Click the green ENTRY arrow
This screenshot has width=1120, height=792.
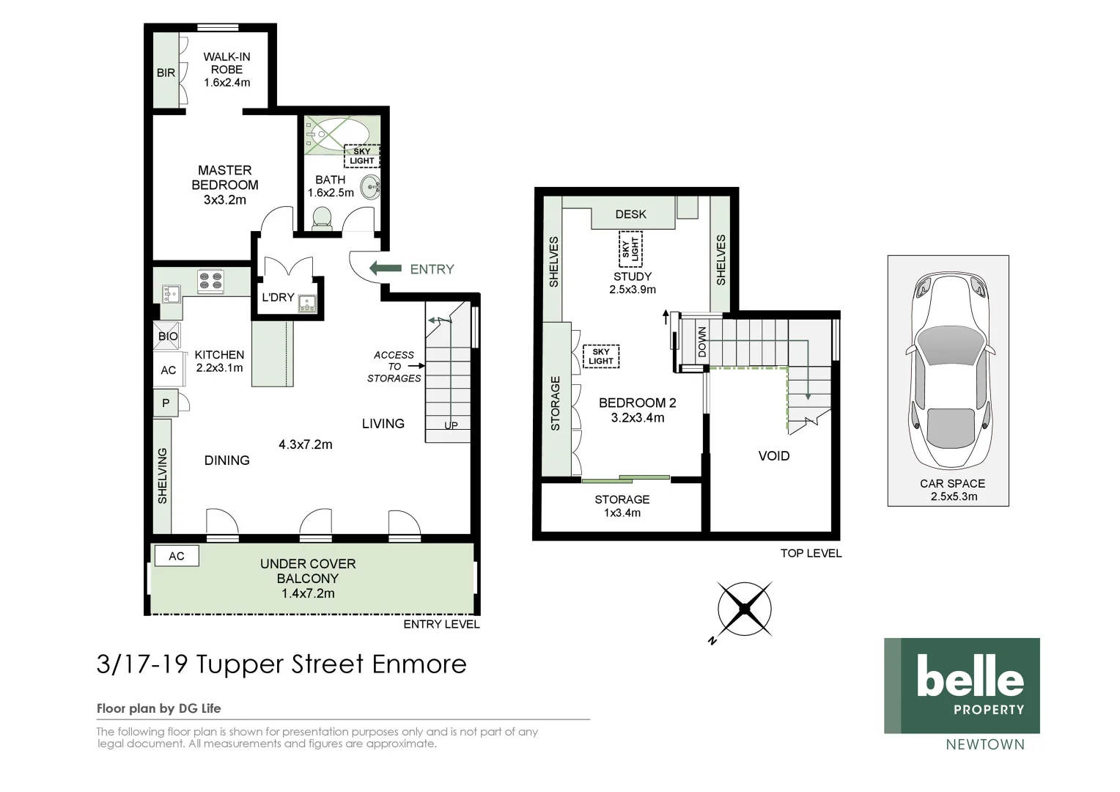(385, 269)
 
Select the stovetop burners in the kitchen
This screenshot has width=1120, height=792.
(210, 281)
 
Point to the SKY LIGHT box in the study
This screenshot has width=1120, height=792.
(630, 248)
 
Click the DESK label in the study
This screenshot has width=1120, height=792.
(630, 214)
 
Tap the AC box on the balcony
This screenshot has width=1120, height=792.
(176, 556)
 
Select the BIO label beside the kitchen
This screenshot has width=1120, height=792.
(168, 336)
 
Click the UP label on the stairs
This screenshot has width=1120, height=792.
(451, 425)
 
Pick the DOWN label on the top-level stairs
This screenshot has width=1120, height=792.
(702, 342)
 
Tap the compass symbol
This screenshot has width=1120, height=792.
(745, 609)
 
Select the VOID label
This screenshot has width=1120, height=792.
(773, 456)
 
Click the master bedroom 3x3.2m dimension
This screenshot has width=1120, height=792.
(224, 199)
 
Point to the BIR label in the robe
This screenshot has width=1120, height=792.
(166, 73)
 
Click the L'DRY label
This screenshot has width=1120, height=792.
(278, 297)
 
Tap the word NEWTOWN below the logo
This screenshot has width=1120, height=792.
(984, 744)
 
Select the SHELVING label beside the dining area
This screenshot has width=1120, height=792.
(162, 475)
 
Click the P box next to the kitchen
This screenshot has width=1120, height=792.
(166, 403)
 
